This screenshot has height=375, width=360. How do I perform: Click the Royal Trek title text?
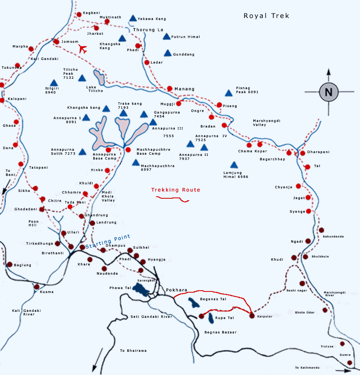[x=266, y=16]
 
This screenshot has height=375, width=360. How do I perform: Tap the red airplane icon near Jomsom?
[x=83, y=49]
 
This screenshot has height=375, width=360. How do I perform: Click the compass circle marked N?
[x=328, y=92]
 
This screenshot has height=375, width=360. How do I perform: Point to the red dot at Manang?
[x=170, y=88]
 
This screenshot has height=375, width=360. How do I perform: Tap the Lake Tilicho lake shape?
[x=99, y=78]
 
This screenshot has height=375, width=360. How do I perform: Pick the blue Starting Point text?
[x=108, y=241]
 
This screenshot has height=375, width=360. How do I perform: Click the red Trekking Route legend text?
[x=176, y=190]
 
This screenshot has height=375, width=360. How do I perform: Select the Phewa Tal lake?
[x=140, y=291]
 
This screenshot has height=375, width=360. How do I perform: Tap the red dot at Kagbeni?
[x=79, y=14]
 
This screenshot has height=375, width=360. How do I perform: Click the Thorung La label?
[x=148, y=30]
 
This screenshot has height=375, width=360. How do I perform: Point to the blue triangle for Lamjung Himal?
[x=234, y=165]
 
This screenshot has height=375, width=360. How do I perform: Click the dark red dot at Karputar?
[x=252, y=316]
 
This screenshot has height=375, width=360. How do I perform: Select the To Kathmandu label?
[x=307, y=367]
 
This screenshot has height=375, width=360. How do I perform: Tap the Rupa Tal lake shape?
[x=211, y=318]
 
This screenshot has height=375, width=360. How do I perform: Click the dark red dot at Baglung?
[x=10, y=264]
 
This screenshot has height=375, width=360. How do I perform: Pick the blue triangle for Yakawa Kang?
[x=133, y=18]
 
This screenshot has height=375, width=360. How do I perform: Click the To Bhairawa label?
[x=133, y=351]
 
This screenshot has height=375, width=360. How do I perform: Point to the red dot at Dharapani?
[x=302, y=153]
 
